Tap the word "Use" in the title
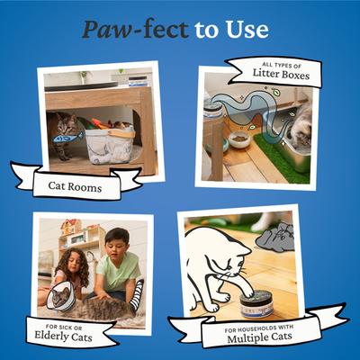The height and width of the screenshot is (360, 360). point(247,29)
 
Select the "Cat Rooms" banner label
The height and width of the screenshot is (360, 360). point(75,186)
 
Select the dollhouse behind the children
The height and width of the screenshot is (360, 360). point(76,237)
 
